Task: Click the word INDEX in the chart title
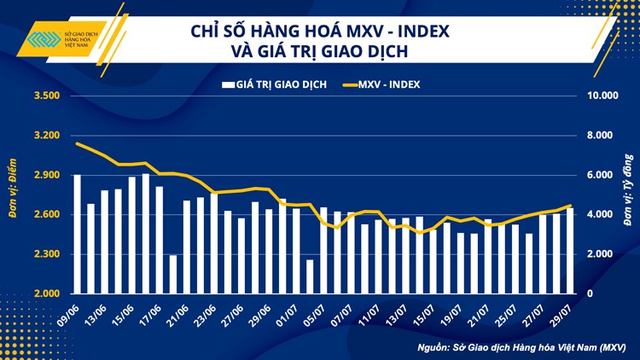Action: [418, 32]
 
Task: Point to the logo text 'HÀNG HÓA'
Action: [84, 42]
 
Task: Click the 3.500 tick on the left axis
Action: [46, 96]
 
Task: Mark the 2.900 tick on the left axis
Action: [46, 175]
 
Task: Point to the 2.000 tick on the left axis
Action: [46, 294]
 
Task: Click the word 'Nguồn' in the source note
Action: [435, 347]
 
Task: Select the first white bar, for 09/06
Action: [78, 234]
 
